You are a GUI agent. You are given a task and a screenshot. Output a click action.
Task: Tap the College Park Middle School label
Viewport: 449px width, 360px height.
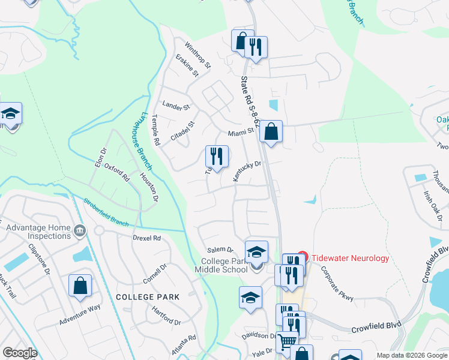point(224,265)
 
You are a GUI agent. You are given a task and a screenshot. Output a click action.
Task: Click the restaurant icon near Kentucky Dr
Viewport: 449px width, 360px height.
point(217,157)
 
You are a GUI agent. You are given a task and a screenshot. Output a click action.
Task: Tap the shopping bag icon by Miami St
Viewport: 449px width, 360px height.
point(271,131)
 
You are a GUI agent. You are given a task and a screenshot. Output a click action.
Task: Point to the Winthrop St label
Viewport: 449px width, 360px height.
point(198,55)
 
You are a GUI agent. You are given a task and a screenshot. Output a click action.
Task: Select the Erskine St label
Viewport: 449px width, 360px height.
point(187,66)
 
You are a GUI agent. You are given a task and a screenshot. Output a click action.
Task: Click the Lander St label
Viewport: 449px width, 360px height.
point(176,107)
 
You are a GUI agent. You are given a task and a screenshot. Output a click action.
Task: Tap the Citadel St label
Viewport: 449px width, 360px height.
point(183,131)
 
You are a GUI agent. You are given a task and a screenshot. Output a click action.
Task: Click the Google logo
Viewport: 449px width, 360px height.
point(20,353)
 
